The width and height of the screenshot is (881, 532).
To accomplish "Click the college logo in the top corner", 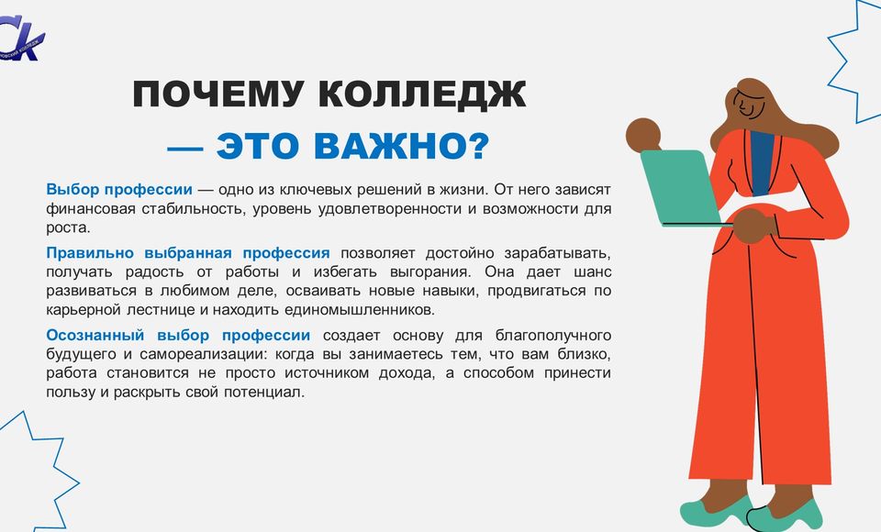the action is click(21, 39).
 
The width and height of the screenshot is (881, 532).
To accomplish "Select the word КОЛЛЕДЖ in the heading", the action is click(422, 95).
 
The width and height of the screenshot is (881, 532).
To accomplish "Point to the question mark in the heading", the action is click(478, 146).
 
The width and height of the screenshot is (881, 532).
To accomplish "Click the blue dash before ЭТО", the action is click(184, 148).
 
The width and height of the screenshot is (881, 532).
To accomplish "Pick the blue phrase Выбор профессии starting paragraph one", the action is click(119, 190).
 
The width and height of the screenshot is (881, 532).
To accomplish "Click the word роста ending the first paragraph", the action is click(68, 228).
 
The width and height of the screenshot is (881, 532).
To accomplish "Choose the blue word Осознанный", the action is click(95, 336).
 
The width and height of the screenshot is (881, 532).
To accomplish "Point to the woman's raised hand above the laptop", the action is click(643, 135).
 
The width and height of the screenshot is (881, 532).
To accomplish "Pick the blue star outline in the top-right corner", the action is click(854, 61).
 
